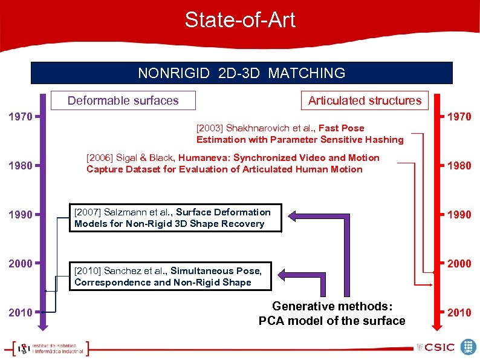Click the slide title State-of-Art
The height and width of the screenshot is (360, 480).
coord(240,20)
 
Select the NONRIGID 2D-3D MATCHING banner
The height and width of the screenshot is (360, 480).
coord(241,73)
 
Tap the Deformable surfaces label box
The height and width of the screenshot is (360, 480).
coord(123,100)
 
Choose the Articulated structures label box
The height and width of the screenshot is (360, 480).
coord(365,100)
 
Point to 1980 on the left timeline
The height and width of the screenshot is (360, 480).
coord(21,165)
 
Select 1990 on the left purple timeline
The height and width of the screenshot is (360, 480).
coord(21,214)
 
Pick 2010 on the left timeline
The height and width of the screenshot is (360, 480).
coord(21,312)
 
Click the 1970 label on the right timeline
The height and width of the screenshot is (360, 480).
coord(459,116)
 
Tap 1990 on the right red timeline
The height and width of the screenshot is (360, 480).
coord(459,214)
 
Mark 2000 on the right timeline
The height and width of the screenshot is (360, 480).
coord(459,263)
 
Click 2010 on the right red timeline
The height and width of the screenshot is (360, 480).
coord(459,312)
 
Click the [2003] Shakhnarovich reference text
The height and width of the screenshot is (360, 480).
coord(299,134)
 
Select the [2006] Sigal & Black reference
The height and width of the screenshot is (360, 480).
coord(233,163)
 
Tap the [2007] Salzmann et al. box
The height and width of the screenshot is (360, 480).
coord(175,218)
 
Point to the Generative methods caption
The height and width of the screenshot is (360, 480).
coord(332,313)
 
